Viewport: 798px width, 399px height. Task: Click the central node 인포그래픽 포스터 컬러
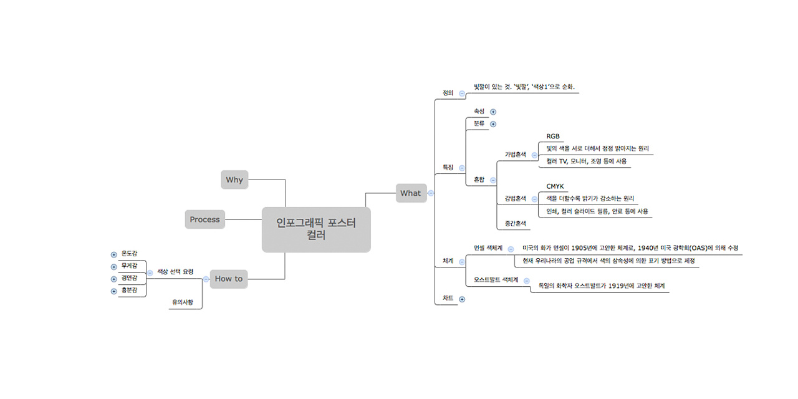click(x=316, y=229)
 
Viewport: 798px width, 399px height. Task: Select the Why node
click(x=234, y=180)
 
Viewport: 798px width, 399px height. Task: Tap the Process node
click(x=204, y=219)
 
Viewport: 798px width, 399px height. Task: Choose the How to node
click(x=228, y=279)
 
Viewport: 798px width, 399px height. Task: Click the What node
click(x=410, y=193)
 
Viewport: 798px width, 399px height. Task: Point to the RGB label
click(x=553, y=137)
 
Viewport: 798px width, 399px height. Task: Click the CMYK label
click(x=555, y=186)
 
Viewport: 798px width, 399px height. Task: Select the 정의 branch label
click(x=448, y=93)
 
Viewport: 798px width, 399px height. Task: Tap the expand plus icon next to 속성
click(x=493, y=112)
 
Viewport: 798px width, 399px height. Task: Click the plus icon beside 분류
click(x=493, y=124)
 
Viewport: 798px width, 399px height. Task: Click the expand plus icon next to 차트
click(x=462, y=299)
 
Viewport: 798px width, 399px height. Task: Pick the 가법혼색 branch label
click(x=516, y=154)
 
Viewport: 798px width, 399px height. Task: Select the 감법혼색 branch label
click(x=516, y=199)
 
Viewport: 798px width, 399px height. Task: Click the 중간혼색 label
click(x=516, y=223)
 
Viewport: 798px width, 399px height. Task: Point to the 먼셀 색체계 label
click(x=488, y=248)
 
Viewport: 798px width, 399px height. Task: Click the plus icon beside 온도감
click(x=113, y=254)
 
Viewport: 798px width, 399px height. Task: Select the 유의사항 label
click(x=183, y=302)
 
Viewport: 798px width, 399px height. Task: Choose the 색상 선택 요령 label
click(x=175, y=272)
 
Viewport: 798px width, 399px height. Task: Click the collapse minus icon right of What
click(x=431, y=193)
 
